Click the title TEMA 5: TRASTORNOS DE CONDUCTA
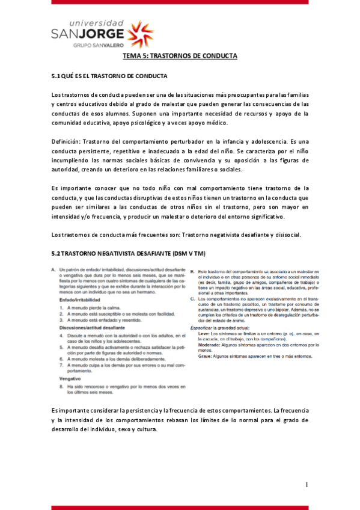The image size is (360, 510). point(180,56)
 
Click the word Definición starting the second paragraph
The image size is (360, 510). point(66,140)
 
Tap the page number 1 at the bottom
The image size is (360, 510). point(307,485)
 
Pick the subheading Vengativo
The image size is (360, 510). point(71,379)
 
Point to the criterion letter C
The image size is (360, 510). point(191,298)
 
